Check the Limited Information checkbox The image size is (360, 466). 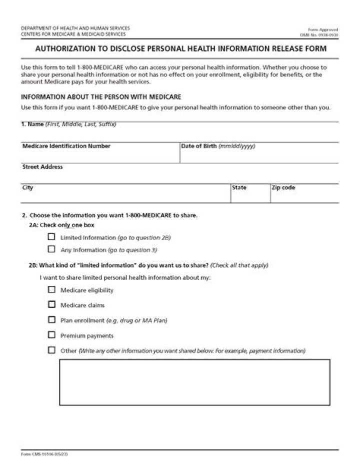pos(51,238)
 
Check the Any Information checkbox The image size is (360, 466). pos(51,249)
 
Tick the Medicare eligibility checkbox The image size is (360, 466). pos(51,289)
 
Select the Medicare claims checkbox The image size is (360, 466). pos(51,304)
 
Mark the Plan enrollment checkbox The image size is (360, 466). pos(51,319)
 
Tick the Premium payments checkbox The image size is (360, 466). pos(51,335)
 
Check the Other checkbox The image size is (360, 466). pos(51,350)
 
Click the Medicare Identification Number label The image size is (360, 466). pos(66,146)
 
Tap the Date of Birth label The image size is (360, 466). pos(198,146)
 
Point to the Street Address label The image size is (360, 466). pos(42,167)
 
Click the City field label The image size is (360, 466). pos(27,188)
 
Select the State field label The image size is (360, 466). pos(239,188)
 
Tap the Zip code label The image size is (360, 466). pos(283,188)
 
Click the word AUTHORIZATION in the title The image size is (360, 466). pos(63,49)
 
